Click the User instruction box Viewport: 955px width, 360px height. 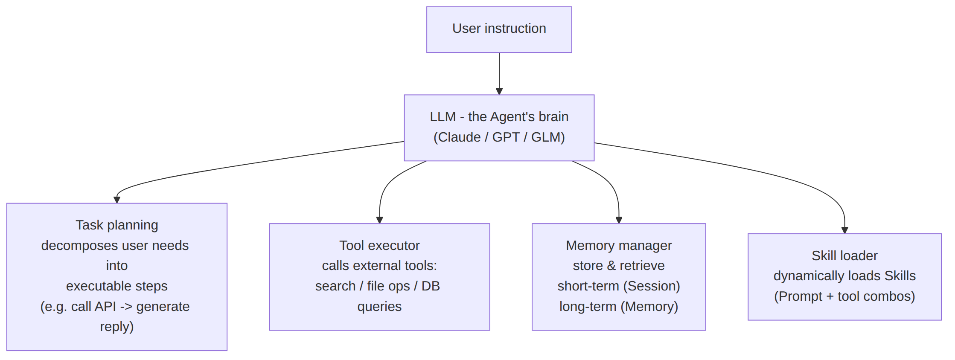499,29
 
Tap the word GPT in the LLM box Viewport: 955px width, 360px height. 506,137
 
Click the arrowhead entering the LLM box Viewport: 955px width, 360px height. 499,91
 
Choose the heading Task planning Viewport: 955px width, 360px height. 117,225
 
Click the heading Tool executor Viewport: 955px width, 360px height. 379,245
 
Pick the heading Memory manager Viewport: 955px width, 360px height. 619,245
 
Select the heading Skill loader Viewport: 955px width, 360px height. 844,255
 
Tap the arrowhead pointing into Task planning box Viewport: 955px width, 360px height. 117,200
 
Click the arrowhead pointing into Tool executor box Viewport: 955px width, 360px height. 379,220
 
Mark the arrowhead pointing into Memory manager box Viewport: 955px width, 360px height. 619,220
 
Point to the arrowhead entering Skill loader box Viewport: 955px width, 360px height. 844,230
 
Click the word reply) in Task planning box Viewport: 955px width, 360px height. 117,327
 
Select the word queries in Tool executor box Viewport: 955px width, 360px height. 379,307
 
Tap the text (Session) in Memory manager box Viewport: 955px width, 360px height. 649,286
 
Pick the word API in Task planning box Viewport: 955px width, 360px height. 105,307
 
